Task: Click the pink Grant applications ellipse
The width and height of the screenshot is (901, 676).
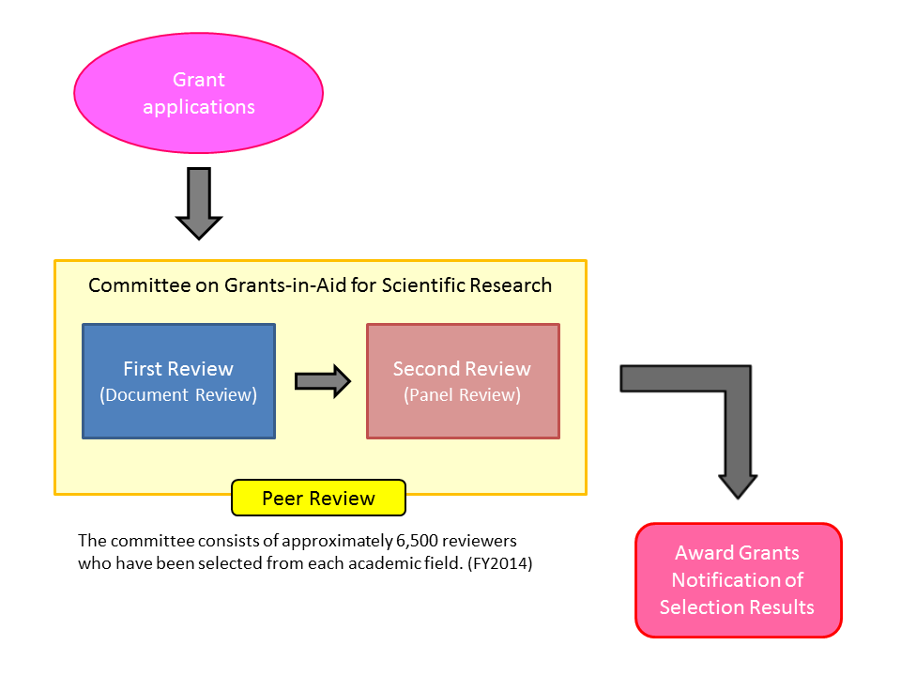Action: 198,93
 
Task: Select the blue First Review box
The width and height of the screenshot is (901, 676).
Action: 178,381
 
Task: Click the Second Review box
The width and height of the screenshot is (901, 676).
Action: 463,381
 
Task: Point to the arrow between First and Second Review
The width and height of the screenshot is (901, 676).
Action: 322,381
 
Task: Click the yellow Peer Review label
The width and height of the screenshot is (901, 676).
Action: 318,499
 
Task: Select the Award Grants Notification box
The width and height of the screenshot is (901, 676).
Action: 738,580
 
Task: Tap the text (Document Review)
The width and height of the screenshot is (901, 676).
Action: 178,395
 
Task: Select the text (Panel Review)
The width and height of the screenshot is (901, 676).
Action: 463,395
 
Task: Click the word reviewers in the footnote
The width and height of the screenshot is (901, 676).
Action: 477,542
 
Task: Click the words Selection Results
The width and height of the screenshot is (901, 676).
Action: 737,607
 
